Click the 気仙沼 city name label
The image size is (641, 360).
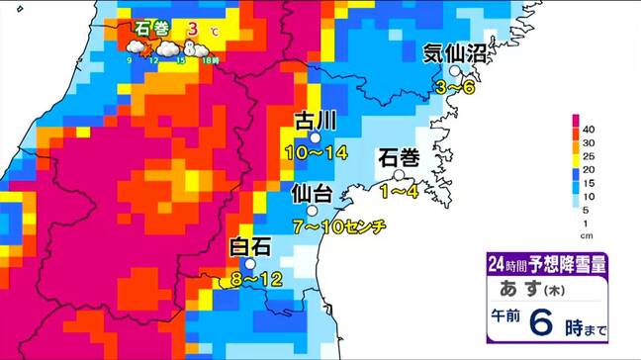(x=456, y=53)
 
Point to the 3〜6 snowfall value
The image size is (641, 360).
(x=456, y=89)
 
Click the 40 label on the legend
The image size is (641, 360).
(x=590, y=129)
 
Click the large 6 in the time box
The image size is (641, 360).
(x=541, y=321)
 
